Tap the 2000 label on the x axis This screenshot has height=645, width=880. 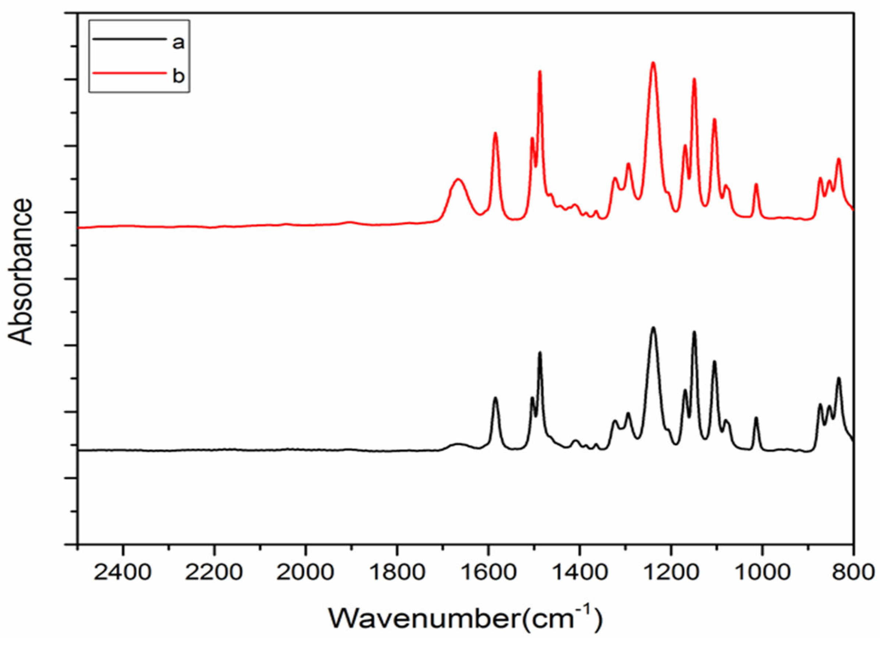(305, 573)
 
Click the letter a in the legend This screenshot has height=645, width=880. (178, 42)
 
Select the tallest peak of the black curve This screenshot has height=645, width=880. (653, 328)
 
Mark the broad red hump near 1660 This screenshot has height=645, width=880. (458, 179)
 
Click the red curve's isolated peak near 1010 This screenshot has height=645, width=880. (756, 184)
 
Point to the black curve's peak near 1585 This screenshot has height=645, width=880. (495, 398)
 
